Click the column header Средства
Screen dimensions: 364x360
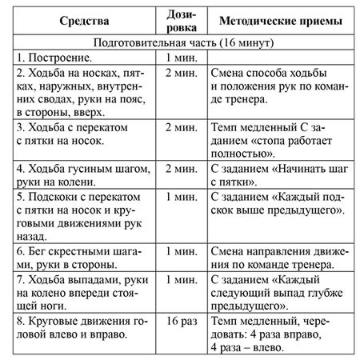coord(80,20)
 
